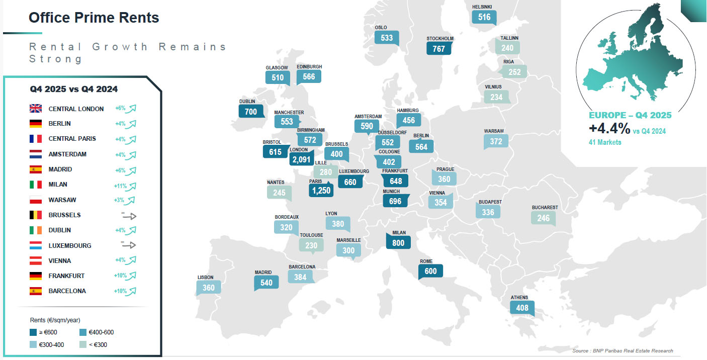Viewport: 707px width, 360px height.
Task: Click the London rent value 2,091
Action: pyautogui.click(x=301, y=159)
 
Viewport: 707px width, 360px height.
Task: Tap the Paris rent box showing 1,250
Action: pyautogui.click(x=321, y=190)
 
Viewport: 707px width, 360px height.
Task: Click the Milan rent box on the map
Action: pyautogui.click(x=398, y=242)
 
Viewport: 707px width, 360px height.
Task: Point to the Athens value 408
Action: pyautogui.click(x=522, y=307)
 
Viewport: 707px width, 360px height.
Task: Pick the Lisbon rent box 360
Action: pyautogui.click(x=208, y=288)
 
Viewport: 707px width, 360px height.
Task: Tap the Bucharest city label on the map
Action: pyautogui.click(x=545, y=207)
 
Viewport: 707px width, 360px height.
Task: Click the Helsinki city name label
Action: pyautogui.click(x=482, y=7)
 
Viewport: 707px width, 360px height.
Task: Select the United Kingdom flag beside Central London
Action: pyautogui.click(x=35, y=109)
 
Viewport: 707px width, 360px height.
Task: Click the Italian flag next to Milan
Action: pyautogui.click(x=35, y=185)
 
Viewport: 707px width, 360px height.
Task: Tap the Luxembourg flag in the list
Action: pyautogui.click(x=35, y=246)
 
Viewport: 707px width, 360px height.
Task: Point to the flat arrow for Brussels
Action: pyautogui.click(x=129, y=216)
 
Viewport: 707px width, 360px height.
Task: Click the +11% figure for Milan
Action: pyautogui.click(x=120, y=185)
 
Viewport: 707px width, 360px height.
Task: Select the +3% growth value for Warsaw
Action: pyautogui.click(x=120, y=200)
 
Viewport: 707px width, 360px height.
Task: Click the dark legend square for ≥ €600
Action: pyautogui.click(x=33, y=332)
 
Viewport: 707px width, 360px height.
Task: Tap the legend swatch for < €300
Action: pyautogui.click(x=83, y=344)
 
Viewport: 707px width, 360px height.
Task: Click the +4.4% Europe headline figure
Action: pyautogui.click(x=609, y=129)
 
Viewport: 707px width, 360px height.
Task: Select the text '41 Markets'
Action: pyautogui.click(x=605, y=142)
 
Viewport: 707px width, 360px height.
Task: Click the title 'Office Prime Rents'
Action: pyautogui.click(x=94, y=18)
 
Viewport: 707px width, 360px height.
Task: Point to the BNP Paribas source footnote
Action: pyautogui.click(x=623, y=351)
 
